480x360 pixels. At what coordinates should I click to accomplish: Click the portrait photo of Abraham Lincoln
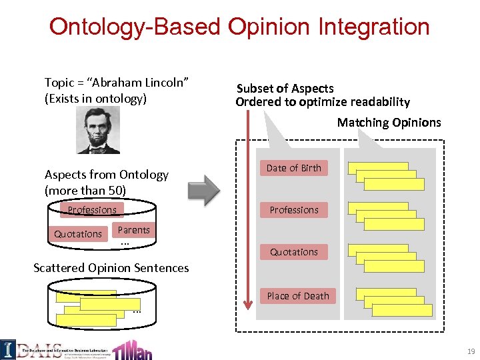point(99,131)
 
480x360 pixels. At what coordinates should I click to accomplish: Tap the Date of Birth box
point(294,168)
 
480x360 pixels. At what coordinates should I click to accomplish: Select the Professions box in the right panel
point(294,210)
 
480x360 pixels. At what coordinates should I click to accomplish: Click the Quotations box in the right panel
point(294,252)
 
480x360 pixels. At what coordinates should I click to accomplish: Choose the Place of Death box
point(298,296)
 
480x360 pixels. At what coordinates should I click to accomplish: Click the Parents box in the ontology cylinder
point(133,230)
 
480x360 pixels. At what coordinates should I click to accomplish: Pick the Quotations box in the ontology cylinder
point(78,234)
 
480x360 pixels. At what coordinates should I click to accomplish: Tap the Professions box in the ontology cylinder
point(92,210)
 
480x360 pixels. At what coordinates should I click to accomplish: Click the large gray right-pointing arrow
point(203,190)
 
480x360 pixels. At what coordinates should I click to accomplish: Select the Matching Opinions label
point(389,122)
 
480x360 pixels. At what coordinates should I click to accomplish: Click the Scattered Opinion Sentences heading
point(111,268)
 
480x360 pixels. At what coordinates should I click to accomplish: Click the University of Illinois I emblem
point(8,349)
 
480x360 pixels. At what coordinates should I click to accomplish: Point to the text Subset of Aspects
point(285,88)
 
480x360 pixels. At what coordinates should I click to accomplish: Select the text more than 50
point(85,190)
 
